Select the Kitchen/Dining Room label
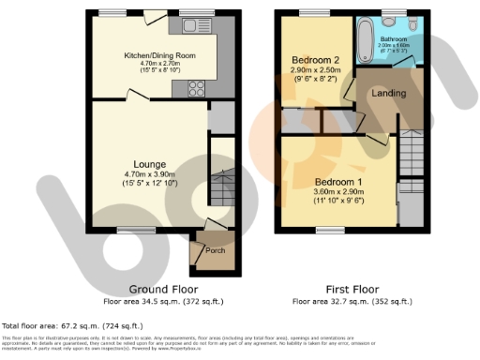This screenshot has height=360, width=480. coord(154,56)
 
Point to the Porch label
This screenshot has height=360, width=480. coord(202,250)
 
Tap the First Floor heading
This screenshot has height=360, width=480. coord(352,290)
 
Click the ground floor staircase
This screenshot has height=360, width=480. coord(221,187)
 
